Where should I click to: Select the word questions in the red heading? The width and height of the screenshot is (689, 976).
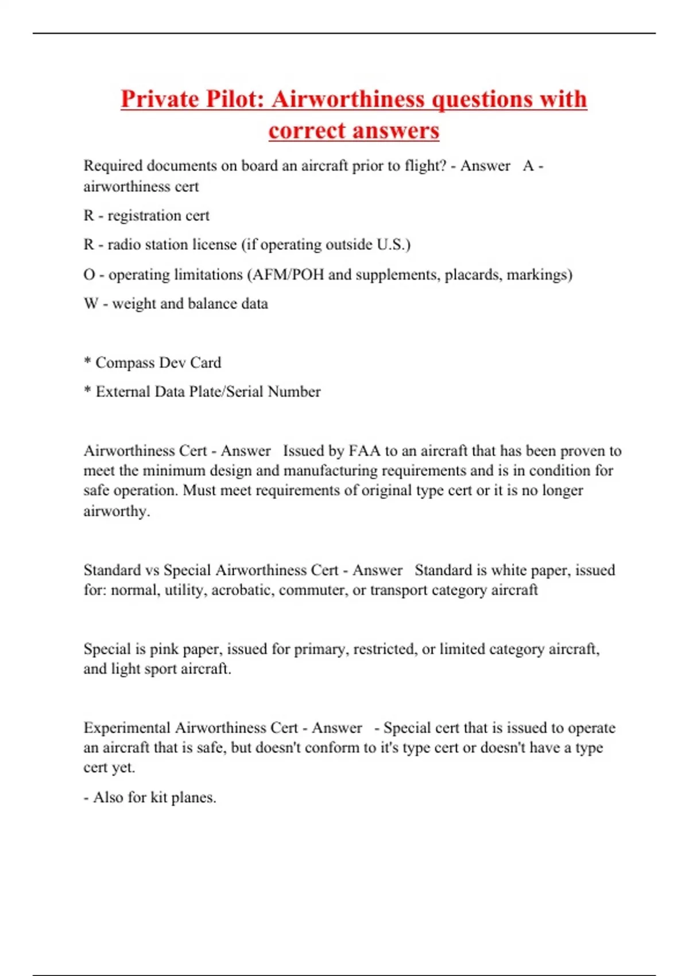pyautogui.click(x=482, y=99)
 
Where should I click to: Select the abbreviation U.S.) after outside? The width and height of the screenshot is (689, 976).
pyautogui.click(x=394, y=245)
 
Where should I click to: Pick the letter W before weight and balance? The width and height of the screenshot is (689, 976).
pyautogui.click(x=91, y=304)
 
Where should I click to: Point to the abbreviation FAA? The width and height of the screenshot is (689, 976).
pyautogui.click(x=365, y=451)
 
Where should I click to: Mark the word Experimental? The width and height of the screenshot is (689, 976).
pyautogui.click(x=127, y=728)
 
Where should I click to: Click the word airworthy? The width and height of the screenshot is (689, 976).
pyautogui.click(x=116, y=511)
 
